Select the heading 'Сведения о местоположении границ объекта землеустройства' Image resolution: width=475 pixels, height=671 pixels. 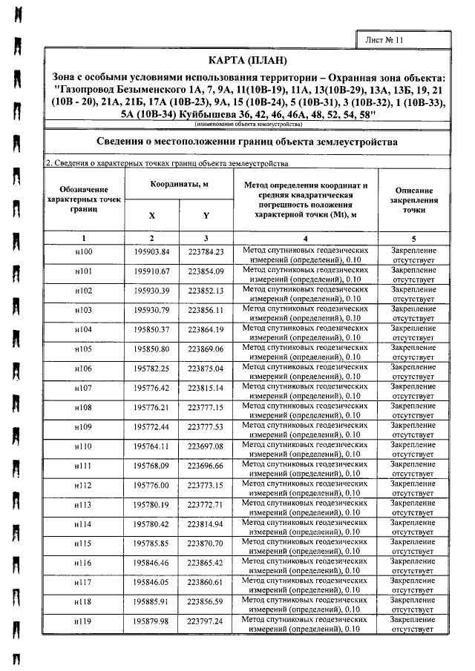pos(247,141)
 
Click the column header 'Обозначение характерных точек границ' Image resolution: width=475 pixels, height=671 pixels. pos(84,199)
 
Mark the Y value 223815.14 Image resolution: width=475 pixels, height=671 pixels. pos(206,387)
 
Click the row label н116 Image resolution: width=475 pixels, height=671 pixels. pos(84,563)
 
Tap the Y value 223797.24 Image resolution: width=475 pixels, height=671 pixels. pos(206,621)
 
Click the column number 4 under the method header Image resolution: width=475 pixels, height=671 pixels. pos(306,237)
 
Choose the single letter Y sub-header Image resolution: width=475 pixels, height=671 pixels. pos(206,216)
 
